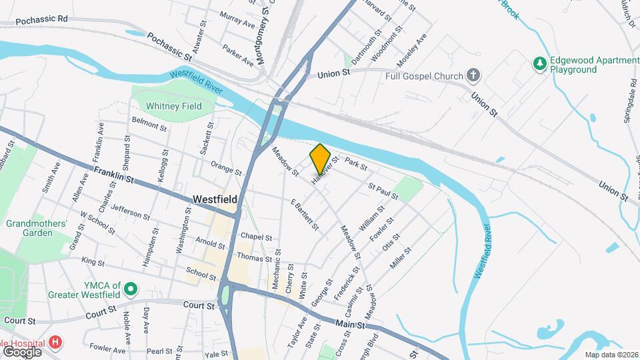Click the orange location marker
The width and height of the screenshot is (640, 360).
[x=320, y=158]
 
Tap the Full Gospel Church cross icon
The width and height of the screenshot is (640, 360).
[x=473, y=75]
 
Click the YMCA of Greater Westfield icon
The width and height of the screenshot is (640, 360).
[x=131, y=289]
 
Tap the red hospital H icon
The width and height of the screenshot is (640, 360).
[x=56, y=343]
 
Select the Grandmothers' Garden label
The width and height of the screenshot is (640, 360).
[x=37, y=228]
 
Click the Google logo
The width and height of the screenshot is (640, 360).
[x=22, y=351]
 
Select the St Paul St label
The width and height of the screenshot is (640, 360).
[x=383, y=192]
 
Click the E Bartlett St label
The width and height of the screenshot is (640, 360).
[x=304, y=214]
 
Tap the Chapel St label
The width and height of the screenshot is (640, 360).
[x=257, y=237]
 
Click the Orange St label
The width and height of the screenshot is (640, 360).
[x=225, y=167]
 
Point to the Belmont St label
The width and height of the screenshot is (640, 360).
[x=149, y=123]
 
